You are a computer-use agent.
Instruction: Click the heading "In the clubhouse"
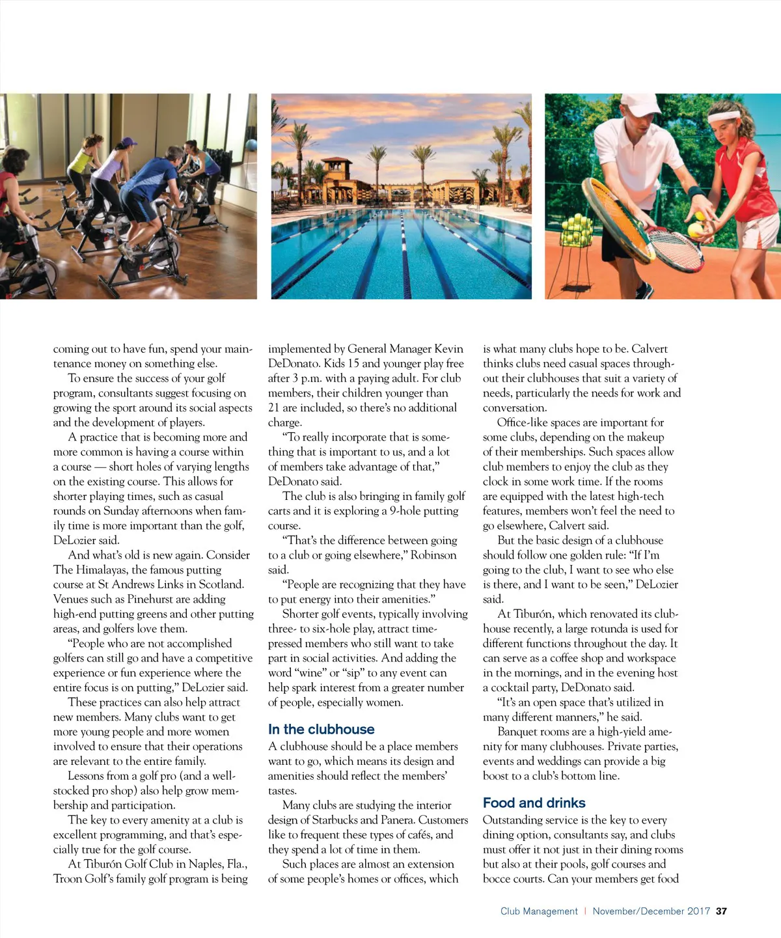click(x=321, y=730)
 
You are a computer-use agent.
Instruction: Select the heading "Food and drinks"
click(x=534, y=803)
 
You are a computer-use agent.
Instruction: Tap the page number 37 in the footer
click(x=721, y=911)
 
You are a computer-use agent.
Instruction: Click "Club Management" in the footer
click(x=539, y=911)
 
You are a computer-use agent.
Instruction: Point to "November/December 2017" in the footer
click(x=651, y=911)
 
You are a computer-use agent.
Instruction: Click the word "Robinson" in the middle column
click(x=434, y=555)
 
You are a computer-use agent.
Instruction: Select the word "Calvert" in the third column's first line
click(x=649, y=349)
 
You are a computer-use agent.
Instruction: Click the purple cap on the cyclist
click(x=129, y=141)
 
